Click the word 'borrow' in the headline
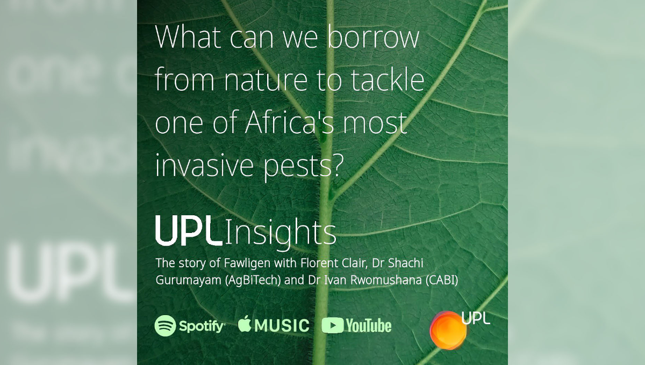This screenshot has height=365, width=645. [374, 37]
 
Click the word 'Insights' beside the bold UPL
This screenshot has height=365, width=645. [281, 233]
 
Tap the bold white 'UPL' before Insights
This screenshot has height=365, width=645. [189, 230]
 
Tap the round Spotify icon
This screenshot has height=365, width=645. [166, 326]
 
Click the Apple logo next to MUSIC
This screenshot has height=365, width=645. [245, 324]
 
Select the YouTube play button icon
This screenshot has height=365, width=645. [333, 325]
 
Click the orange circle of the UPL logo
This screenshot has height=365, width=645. [448, 330]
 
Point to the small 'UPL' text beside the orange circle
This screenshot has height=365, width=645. [476, 318]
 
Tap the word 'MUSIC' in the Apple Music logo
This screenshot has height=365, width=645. [282, 326]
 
